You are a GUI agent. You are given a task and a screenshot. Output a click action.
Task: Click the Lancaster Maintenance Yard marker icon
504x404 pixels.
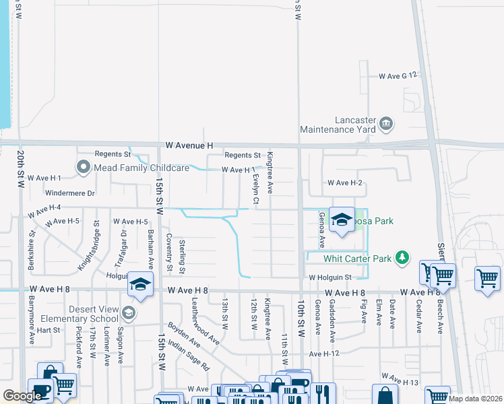386,123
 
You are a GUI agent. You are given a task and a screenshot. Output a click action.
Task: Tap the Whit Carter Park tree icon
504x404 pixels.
402,258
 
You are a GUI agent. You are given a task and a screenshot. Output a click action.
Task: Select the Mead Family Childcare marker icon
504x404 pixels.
84,167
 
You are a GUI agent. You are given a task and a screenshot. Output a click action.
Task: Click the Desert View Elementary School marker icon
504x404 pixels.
129,313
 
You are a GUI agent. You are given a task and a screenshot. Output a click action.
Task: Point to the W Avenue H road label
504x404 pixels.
190,145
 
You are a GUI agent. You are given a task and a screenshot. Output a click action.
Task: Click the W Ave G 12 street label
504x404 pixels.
398,76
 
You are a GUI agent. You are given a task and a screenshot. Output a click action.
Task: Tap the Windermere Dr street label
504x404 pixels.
71,193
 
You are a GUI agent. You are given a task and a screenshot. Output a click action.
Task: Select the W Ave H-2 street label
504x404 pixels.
345,182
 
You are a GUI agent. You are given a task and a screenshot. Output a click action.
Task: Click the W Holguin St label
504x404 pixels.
330,277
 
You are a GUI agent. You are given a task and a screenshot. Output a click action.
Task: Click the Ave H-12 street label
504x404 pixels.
325,353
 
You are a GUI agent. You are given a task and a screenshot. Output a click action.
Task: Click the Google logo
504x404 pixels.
22,396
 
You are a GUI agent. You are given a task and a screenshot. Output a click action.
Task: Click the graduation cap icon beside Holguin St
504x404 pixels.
141,285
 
